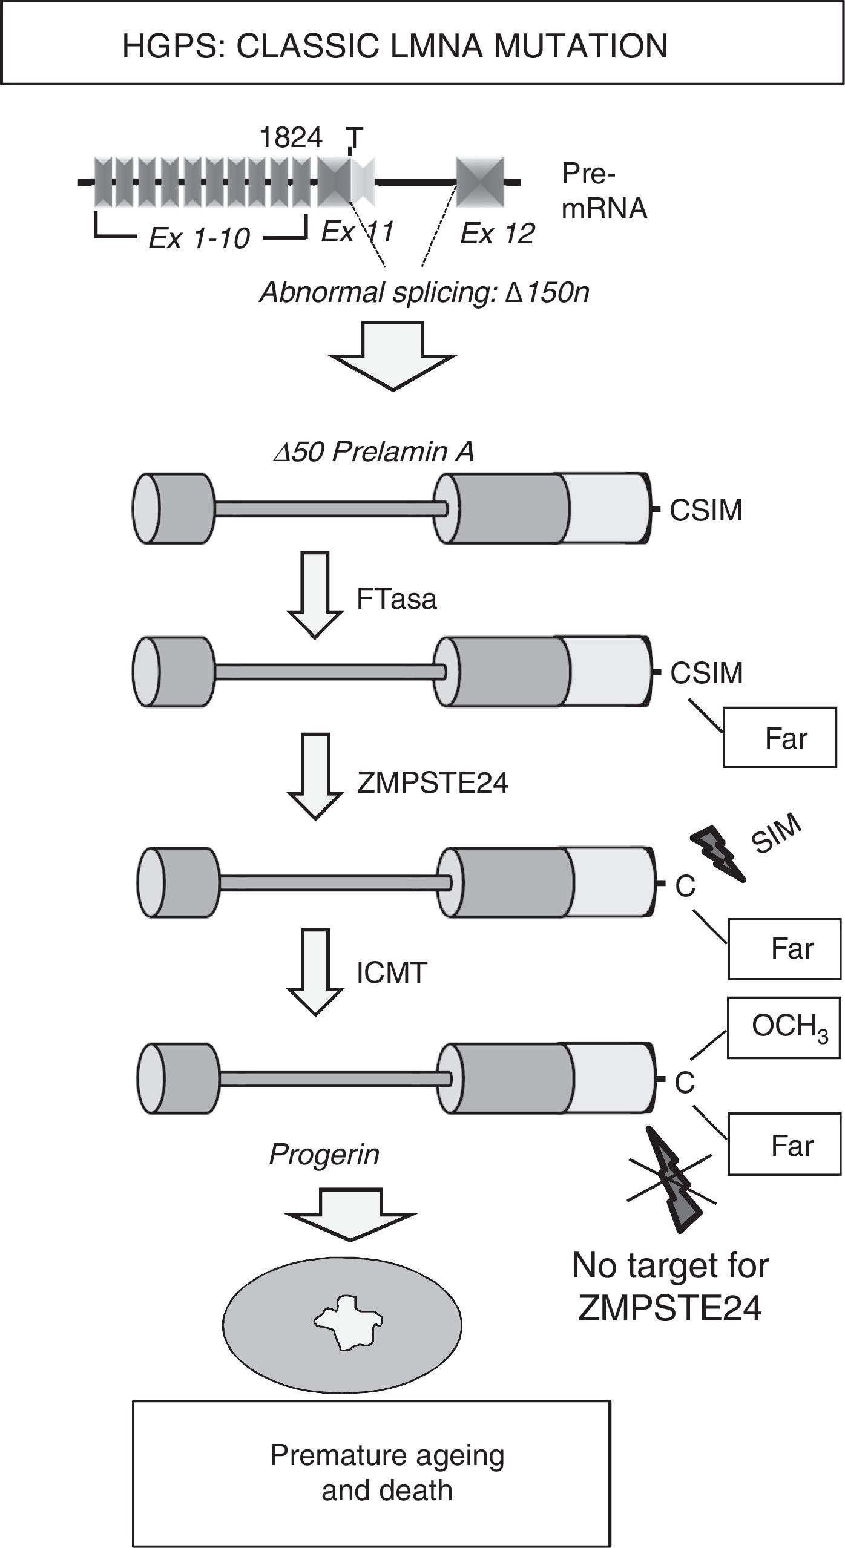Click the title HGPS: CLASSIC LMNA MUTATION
click(x=395, y=46)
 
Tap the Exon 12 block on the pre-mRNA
click(x=479, y=181)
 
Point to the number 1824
click(x=291, y=138)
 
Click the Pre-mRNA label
click(x=604, y=191)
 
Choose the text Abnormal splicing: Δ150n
click(x=424, y=293)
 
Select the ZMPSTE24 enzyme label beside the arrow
click(x=432, y=783)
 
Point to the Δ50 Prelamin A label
click(x=373, y=452)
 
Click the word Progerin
click(x=324, y=1155)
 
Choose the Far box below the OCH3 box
click(x=783, y=1145)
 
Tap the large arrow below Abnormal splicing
click(x=393, y=355)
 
